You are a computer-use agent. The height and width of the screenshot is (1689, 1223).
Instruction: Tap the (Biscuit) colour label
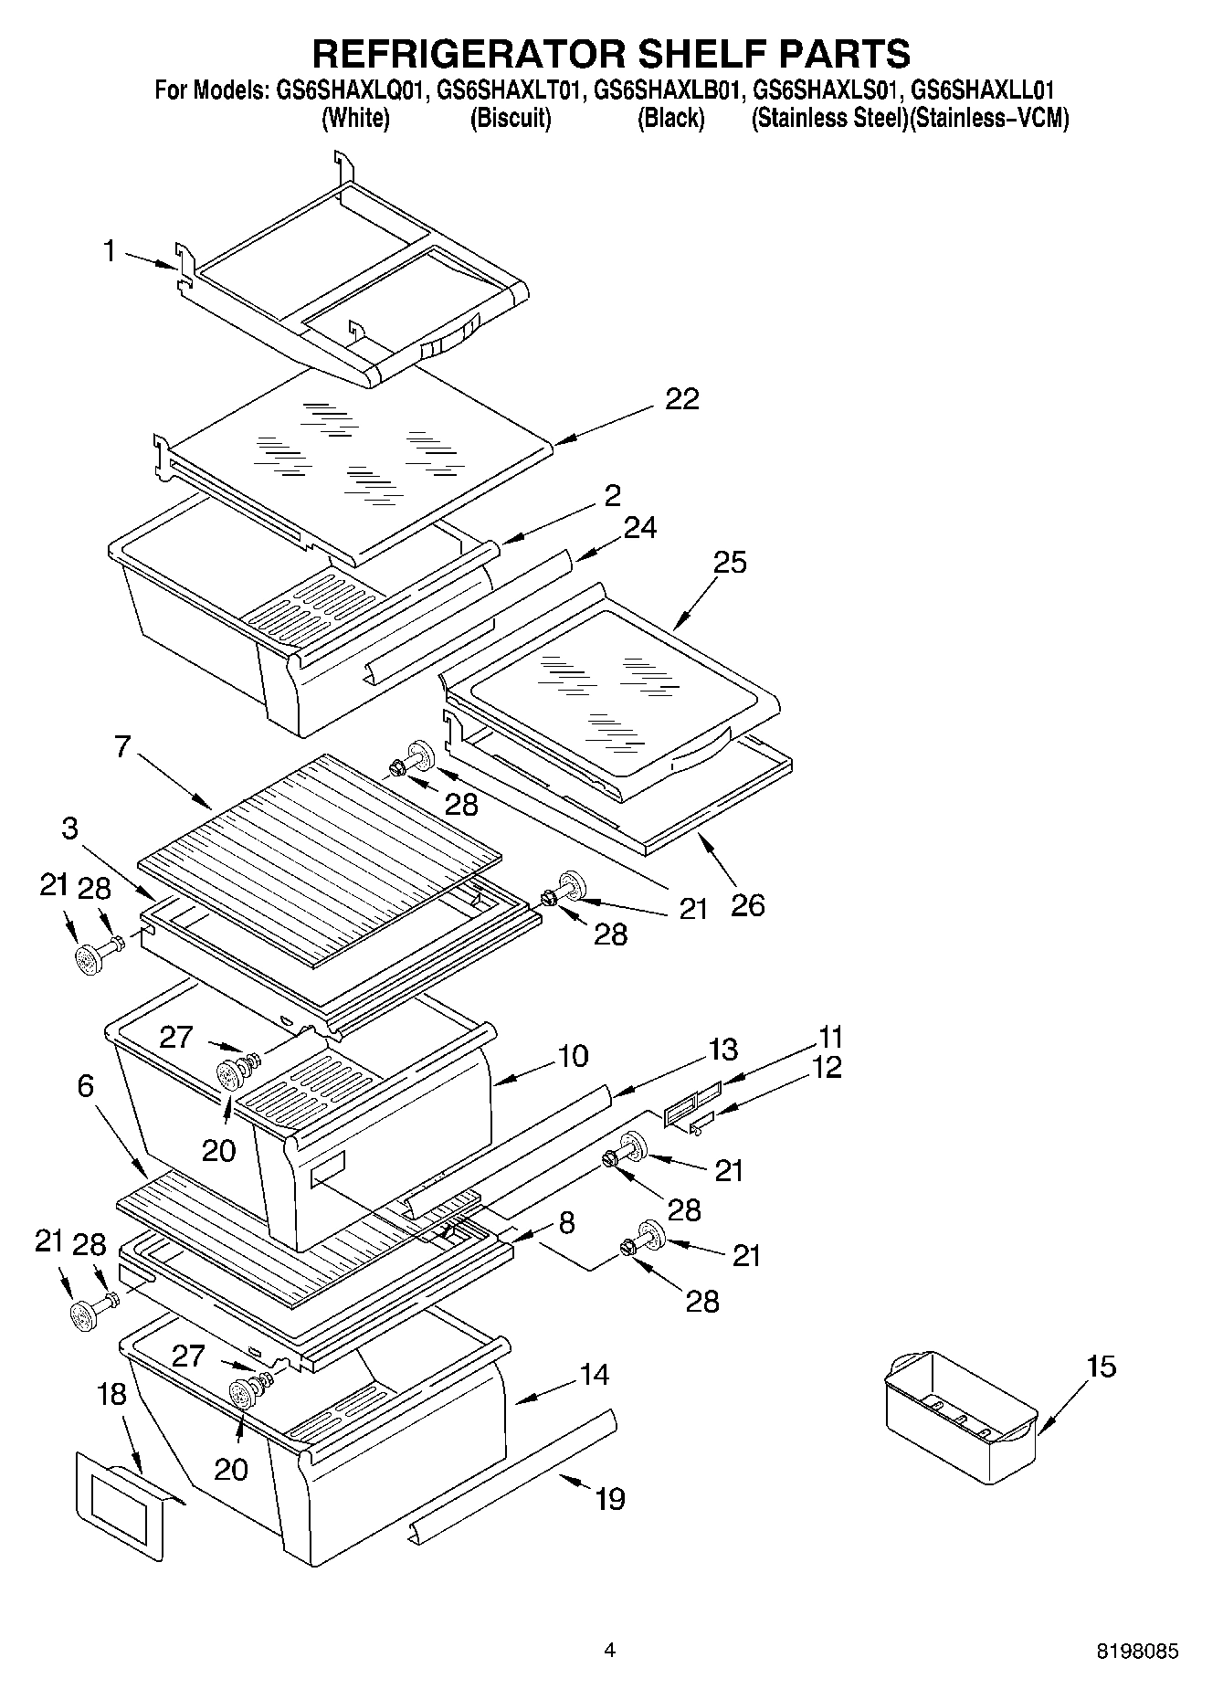click(511, 119)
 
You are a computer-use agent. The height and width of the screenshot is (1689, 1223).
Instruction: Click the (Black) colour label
click(671, 119)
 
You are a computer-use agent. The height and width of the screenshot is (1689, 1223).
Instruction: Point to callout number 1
click(110, 251)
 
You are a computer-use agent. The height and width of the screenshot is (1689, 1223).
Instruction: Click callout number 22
click(682, 399)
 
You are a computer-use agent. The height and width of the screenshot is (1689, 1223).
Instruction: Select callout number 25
click(730, 563)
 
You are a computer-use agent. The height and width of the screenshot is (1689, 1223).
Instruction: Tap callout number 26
click(747, 905)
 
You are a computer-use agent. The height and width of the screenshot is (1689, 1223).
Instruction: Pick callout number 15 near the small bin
click(1102, 1367)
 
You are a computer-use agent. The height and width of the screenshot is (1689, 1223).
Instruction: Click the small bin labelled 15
click(961, 1411)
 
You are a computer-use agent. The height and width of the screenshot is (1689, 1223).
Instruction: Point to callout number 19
click(610, 1499)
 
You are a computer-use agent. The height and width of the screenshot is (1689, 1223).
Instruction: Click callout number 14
click(595, 1374)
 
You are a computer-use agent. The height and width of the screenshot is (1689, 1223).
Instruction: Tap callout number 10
click(573, 1056)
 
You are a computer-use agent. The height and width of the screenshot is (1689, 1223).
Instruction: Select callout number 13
click(722, 1050)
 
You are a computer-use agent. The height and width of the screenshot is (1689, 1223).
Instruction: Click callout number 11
click(830, 1038)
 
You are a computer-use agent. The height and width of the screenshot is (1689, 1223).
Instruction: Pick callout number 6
click(86, 1086)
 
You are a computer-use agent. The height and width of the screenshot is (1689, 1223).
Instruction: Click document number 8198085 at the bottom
click(1137, 1652)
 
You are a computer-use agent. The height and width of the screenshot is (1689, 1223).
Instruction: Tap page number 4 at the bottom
click(610, 1650)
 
